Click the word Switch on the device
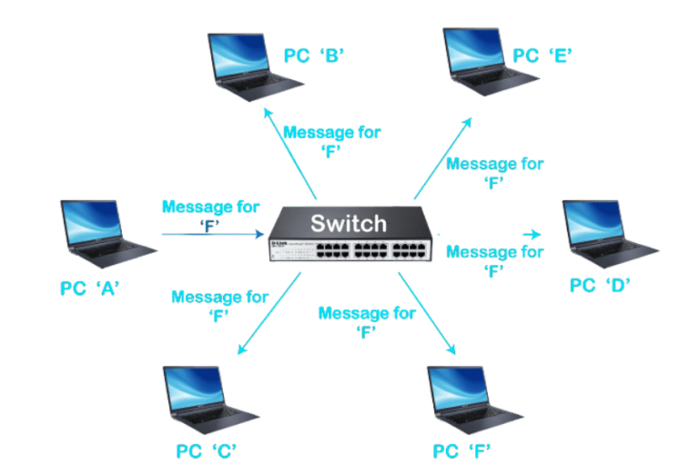point(349,223)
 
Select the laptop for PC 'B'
point(250,65)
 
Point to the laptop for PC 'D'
point(608,233)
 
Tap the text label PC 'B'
point(312,56)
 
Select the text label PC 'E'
point(542,56)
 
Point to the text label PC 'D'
point(600,286)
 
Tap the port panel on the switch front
point(351,249)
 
